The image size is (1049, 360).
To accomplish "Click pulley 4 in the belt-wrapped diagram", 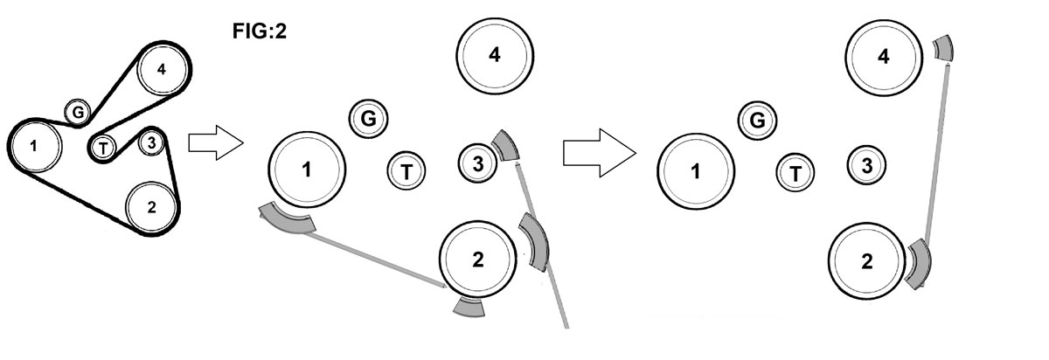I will point(162,69).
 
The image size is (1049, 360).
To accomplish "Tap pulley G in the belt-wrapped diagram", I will point(78,112).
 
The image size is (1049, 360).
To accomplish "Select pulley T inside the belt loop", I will point(103,149).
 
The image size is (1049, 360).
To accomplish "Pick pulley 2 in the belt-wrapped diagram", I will point(152,206).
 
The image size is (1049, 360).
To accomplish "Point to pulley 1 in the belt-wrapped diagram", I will point(34,145).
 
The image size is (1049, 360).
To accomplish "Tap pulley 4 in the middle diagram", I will point(494,55).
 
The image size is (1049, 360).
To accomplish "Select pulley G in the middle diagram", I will point(368,119).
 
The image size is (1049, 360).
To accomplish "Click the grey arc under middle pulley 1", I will point(288,221).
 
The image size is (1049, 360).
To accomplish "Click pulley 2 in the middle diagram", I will point(477,258).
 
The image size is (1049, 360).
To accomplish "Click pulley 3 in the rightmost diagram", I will point(866,163).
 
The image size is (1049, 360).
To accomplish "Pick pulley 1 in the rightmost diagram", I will point(696,171).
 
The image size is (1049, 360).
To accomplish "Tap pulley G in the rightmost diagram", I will point(758,120).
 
